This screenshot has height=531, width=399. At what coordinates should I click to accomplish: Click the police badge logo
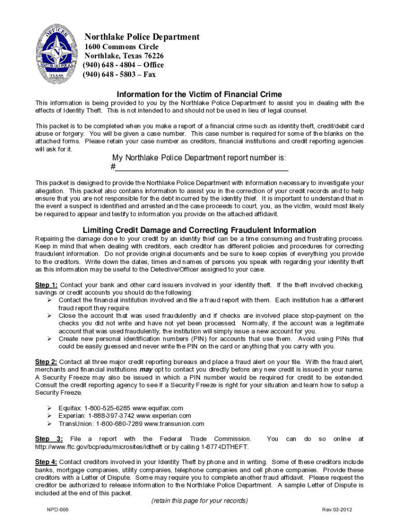57,54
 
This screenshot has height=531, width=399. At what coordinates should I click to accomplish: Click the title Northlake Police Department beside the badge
142,37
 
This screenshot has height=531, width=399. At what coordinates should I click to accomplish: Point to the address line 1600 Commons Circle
121,47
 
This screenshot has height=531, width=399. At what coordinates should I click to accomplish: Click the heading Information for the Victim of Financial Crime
199,94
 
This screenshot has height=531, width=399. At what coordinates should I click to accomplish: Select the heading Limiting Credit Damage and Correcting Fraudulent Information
199,230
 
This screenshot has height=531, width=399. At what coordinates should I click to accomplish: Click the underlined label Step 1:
46,285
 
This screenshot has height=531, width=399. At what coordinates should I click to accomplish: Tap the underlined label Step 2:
46,362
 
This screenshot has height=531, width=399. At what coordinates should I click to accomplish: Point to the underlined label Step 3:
49,439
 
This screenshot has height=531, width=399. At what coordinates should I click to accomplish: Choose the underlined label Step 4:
46,462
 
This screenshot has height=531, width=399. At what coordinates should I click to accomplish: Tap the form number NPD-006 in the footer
57,510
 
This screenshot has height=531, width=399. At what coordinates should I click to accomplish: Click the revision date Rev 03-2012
337,510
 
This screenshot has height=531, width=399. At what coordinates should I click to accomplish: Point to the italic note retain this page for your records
199,501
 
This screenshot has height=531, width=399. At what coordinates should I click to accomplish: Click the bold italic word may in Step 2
146,370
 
